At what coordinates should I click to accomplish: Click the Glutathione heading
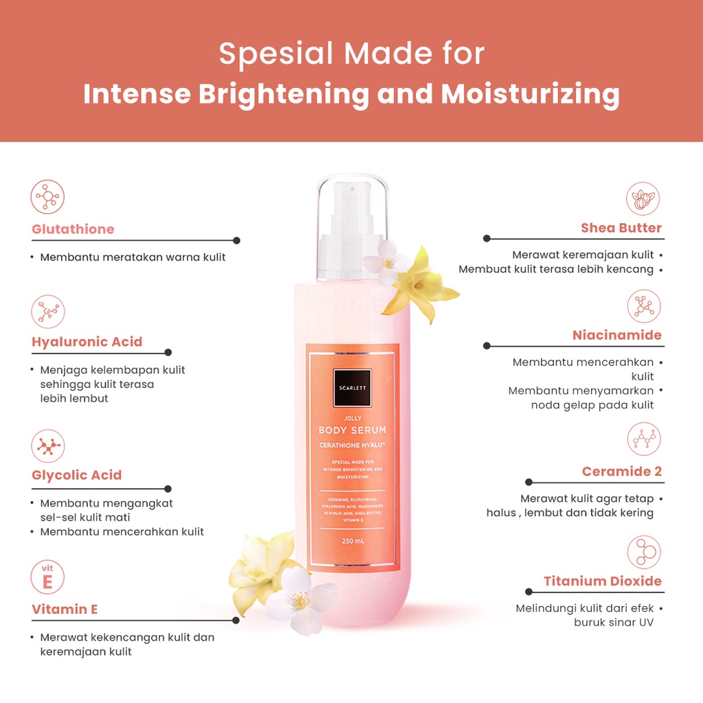73,229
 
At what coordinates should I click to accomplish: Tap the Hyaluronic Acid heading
87,342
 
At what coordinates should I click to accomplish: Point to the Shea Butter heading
621,228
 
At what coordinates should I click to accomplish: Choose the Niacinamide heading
616,335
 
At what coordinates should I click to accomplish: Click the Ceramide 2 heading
621,472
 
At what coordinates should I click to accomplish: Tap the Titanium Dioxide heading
602,581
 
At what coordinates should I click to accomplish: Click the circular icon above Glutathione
48,196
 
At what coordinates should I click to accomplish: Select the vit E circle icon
48,577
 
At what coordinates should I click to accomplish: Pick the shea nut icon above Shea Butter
643,198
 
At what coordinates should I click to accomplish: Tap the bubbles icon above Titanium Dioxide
644,552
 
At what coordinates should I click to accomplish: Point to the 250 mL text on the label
352,540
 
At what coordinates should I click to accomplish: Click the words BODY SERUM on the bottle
352,430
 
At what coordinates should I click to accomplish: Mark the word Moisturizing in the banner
530,94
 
